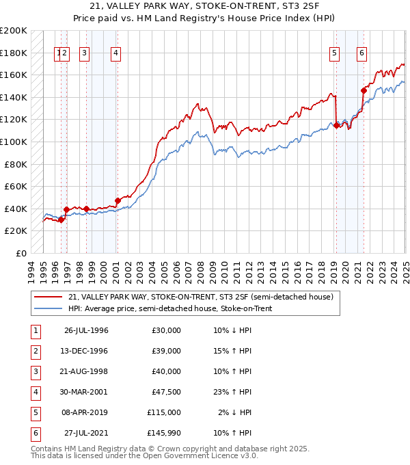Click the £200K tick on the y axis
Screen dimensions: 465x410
click(x=13, y=30)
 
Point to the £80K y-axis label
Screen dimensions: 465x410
click(x=15, y=164)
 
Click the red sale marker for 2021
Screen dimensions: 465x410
click(x=364, y=90)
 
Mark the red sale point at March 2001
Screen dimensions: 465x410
click(x=118, y=200)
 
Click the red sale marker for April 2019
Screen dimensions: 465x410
click(x=336, y=125)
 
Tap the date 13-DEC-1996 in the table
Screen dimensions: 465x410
click(x=86, y=351)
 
